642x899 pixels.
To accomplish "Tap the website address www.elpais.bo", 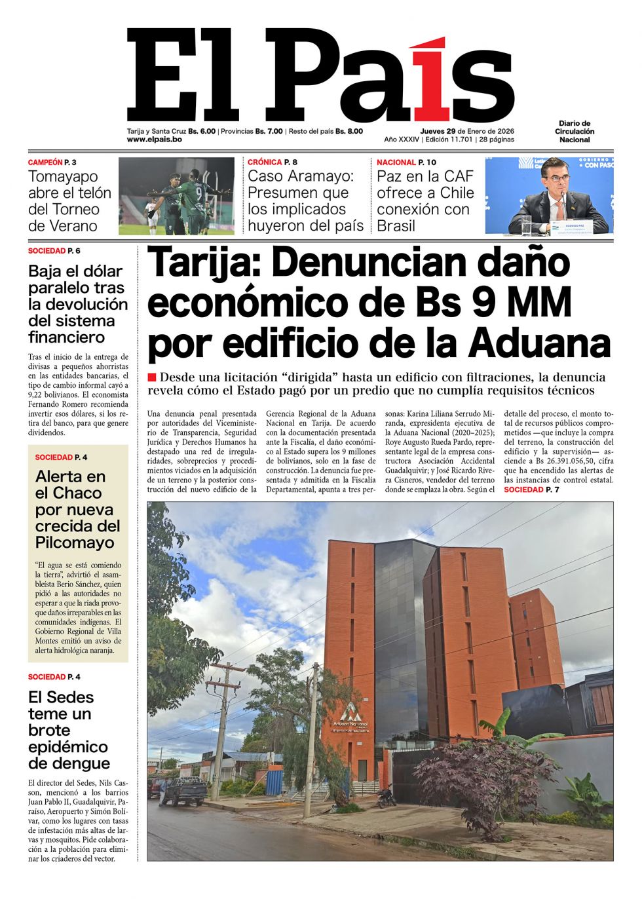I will click(154, 140).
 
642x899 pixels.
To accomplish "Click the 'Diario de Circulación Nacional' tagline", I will click(575, 131).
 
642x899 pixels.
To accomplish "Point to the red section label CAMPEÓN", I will click(45, 162).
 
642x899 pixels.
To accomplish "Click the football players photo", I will click(176, 196).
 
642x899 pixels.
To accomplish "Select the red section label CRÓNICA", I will click(265, 162).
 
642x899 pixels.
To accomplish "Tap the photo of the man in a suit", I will click(549, 196).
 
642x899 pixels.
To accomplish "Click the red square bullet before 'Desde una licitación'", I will click(152, 377).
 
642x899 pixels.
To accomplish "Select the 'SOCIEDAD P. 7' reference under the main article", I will click(531, 489).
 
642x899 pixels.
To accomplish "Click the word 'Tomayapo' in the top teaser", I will click(63, 176).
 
